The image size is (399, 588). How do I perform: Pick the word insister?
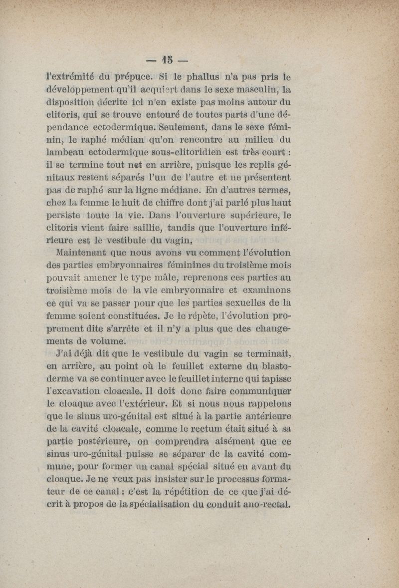pyautogui.click(x=172, y=479)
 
